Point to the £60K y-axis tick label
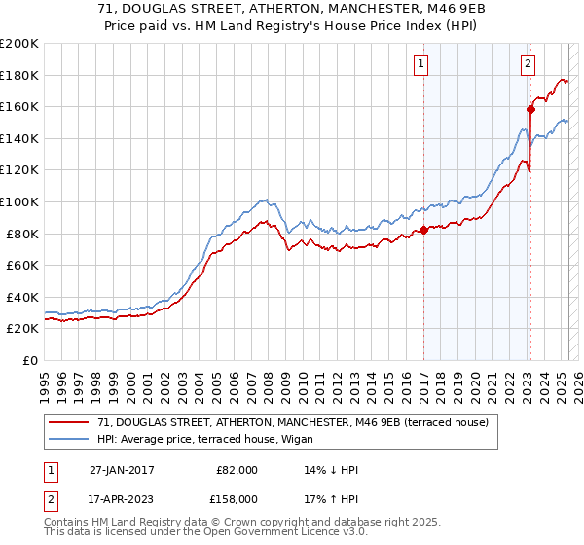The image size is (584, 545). [22, 265]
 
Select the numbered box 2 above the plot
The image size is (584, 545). [527, 64]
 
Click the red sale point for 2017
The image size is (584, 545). [423, 231]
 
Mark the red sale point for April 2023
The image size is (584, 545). [530, 109]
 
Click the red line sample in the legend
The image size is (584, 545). [69, 421]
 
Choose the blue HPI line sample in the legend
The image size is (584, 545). [69, 439]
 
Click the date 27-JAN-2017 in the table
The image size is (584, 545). [121, 469]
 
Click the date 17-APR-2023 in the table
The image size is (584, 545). [121, 498]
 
